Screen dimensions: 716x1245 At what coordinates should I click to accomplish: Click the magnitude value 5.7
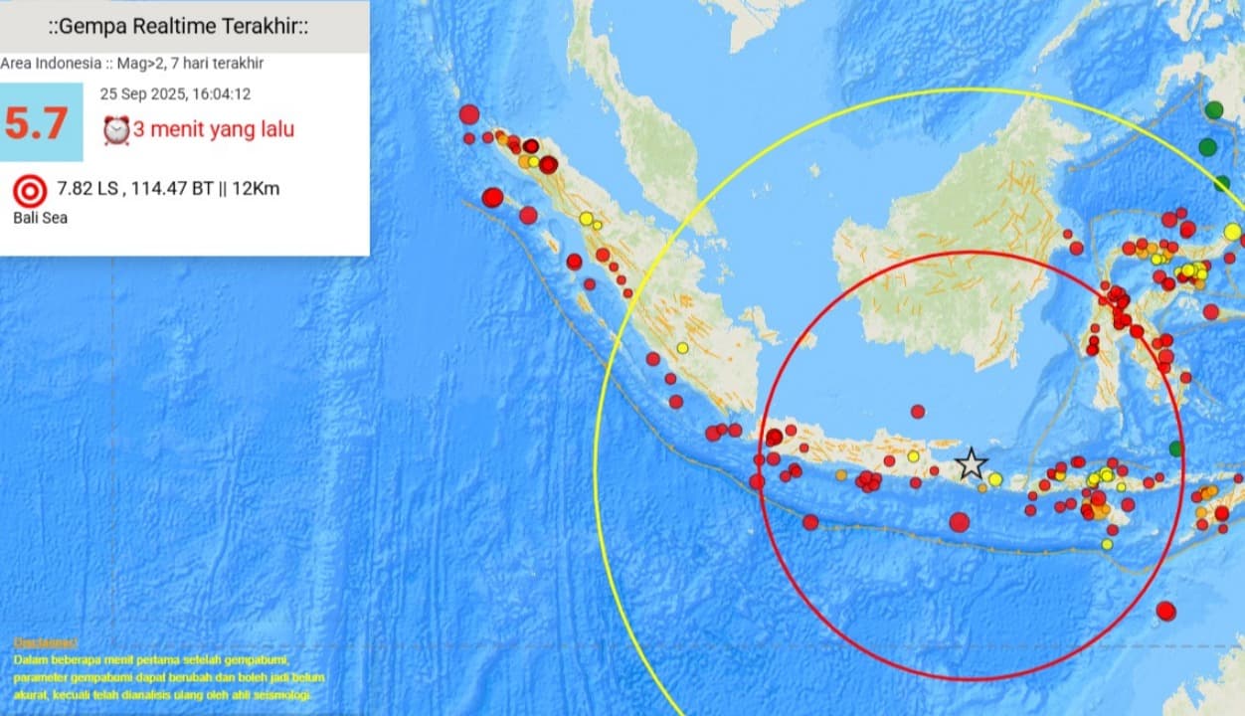coord(37,122)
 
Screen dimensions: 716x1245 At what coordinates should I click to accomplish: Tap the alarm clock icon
coord(116,130)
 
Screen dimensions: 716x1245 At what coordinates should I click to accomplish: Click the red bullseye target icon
coord(30,189)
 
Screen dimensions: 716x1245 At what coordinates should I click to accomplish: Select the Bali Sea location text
coord(40,217)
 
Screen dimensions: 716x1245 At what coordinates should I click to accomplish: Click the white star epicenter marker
coord(971,463)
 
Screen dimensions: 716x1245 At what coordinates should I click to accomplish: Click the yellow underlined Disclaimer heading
coord(45,642)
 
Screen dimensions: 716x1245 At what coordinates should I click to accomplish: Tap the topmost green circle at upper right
coord(1213,110)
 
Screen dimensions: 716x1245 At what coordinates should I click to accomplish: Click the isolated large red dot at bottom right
coord(1165,611)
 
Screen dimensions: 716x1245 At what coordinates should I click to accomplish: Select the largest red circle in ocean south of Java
coord(959,522)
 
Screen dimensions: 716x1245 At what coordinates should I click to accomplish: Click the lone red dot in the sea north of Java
coord(917,411)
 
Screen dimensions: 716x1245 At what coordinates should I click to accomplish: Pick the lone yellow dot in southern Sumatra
coord(682,347)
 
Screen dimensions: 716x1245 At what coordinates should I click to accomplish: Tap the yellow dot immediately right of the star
coord(994,479)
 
